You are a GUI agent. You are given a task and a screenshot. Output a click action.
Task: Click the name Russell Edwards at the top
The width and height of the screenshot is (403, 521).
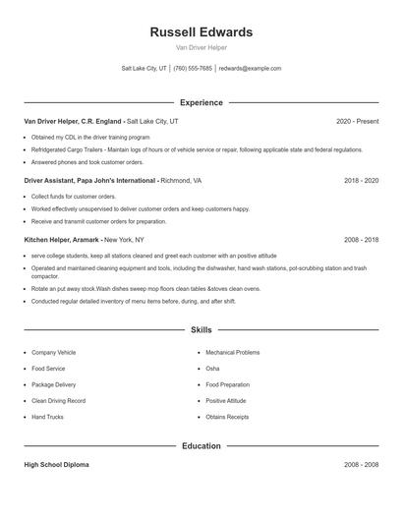(x=201, y=31)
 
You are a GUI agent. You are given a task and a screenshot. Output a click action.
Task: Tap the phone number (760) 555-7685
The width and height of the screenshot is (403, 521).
(x=194, y=69)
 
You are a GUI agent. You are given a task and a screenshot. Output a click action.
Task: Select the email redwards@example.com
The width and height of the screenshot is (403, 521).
(x=250, y=69)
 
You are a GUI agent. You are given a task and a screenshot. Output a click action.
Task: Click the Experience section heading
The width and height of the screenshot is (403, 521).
(x=201, y=102)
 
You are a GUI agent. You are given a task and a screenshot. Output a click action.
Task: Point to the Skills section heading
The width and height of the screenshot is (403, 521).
(x=201, y=331)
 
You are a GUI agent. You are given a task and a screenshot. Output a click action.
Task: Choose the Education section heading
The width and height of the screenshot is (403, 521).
(x=201, y=446)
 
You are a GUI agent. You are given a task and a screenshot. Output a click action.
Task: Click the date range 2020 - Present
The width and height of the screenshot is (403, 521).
(x=357, y=121)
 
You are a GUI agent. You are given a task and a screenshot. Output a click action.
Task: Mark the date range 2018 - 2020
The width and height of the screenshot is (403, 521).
(x=361, y=181)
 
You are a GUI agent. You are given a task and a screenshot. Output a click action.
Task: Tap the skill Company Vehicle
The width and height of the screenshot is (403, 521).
(x=53, y=352)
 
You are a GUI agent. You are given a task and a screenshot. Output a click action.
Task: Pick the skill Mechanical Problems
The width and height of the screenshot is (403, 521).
(x=232, y=352)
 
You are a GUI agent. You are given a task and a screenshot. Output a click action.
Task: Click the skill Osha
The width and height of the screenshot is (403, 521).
(x=212, y=369)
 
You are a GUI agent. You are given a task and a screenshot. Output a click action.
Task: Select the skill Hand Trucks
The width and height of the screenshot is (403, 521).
(x=47, y=417)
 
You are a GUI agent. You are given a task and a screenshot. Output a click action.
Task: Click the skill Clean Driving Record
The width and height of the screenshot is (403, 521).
(x=58, y=401)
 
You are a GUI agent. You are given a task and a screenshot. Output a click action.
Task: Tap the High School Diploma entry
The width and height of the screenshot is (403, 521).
(x=56, y=465)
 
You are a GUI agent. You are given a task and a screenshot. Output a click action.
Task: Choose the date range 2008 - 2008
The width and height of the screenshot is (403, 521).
(x=361, y=465)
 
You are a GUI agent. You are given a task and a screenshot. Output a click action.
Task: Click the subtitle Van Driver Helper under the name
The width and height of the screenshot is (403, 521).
(x=201, y=47)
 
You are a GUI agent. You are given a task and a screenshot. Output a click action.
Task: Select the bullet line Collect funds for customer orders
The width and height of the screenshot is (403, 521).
(x=73, y=197)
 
